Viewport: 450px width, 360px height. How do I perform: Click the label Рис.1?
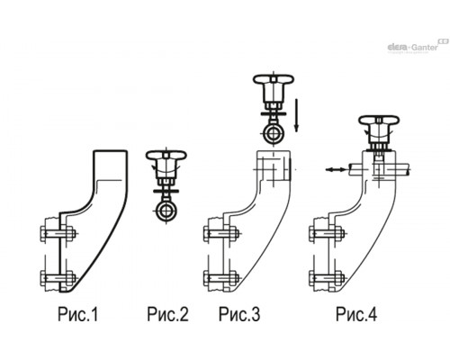tap(78, 314)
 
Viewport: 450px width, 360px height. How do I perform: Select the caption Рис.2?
tap(167, 314)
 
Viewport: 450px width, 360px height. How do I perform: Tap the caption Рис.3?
tap(239, 314)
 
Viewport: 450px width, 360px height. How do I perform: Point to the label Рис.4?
tap(356, 314)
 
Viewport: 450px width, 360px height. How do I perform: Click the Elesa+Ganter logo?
tap(417, 47)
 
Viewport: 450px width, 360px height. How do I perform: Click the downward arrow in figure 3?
tap(296, 115)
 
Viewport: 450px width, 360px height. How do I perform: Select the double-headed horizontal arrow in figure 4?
tap(336, 170)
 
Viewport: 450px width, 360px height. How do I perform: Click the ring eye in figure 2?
tap(166, 211)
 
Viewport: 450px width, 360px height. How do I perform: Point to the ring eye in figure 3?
tap(273, 134)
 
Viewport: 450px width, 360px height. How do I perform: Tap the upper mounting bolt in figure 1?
tap(58, 233)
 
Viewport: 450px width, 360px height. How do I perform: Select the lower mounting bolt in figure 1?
tap(58, 278)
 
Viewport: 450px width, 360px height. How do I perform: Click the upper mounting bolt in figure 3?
tap(221, 233)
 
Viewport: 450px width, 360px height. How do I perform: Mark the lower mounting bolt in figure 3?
tap(221, 278)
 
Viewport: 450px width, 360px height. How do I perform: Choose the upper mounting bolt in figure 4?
tap(327, 233)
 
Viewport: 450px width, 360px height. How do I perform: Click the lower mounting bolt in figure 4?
tap(327, 278)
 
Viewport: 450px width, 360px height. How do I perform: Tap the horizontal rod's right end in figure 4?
tap(409, 169)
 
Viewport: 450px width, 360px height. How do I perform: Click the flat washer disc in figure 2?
tap(166, 191)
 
